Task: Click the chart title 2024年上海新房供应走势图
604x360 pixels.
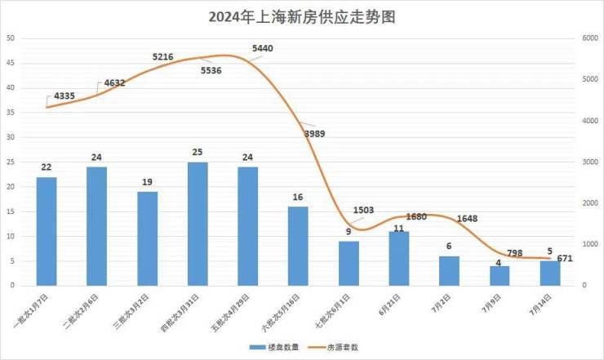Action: (301, 16)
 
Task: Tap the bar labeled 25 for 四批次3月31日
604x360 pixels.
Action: (198, 224)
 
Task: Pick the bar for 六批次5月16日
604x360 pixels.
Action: (298, 246)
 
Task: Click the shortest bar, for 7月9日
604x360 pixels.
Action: (500, 276)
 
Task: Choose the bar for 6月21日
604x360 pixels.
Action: (399, 258)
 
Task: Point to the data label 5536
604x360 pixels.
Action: (211, 71)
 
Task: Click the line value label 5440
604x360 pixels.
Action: (263, 49)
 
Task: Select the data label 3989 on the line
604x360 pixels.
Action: (318, 133)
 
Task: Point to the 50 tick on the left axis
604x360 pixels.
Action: (11, 38)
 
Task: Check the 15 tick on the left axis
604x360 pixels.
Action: (11, 211)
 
